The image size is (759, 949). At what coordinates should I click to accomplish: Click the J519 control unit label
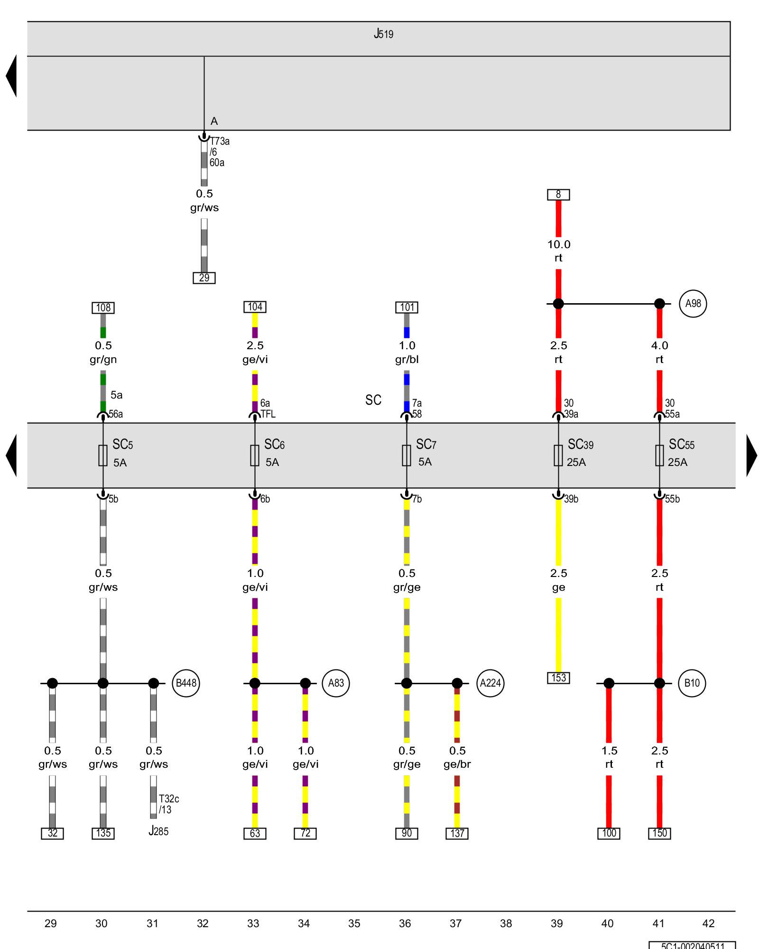point(383,34)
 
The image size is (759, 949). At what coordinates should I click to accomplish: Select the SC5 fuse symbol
point(103,455)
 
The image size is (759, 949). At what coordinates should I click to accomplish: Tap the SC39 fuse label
point(580,445)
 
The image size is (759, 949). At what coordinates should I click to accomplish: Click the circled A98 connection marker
point(693,304)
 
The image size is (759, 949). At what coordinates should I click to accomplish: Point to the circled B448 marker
point(186,683)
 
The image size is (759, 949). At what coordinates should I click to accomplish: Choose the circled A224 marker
point(490,683)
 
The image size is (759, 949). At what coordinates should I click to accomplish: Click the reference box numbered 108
point(103,307)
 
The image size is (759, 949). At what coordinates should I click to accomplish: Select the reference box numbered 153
point(558,678)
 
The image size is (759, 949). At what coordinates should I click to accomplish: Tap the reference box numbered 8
point(558,195)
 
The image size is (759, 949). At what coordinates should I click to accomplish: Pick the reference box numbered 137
point(457,833)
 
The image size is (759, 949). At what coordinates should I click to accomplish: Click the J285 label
point(158,831)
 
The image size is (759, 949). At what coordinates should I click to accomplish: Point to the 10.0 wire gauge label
point(559,244)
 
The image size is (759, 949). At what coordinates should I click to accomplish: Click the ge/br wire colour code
point(457,764)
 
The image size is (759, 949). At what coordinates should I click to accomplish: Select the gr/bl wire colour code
point(407,359)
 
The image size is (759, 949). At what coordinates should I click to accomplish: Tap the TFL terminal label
point(268,414)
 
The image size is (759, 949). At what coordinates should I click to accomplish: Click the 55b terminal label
point(672,499)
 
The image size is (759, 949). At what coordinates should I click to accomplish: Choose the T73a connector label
point(220,141)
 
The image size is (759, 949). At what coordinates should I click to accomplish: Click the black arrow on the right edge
point(751,455)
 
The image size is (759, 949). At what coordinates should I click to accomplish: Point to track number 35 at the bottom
point(354,923)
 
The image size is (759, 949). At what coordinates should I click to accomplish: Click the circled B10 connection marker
point(692,683)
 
